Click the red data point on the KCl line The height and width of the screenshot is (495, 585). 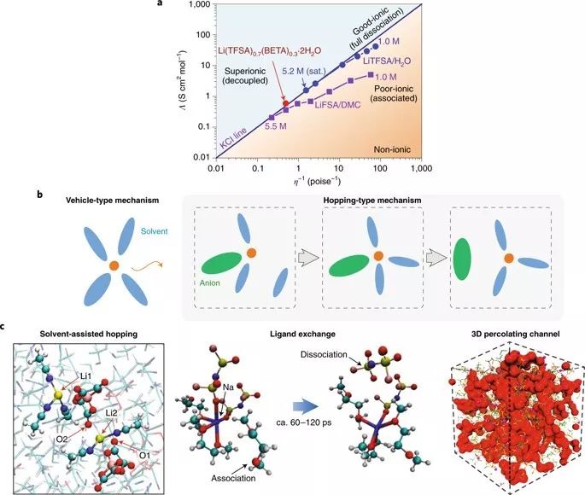286,103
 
